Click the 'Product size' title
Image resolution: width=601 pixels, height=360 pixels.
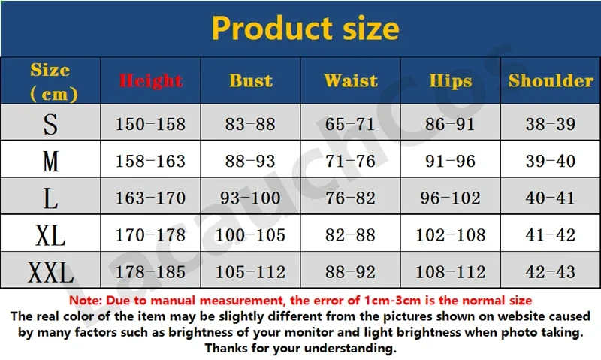[x=305, y=29]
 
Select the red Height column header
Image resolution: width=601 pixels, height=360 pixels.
[x=151, y=81]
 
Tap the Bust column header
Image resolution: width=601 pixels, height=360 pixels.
[x=251, y=81]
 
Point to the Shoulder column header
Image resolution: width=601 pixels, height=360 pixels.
[x=551, y=81]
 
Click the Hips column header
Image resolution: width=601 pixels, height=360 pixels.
[x=450, y=81]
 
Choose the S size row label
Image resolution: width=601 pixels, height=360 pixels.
[x=50, y=124]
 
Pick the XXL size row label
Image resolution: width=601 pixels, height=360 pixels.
[x=50, y=272]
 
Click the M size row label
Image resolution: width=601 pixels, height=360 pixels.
[x=50, y=162]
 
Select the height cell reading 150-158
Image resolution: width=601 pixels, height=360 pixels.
[x=151, y=124]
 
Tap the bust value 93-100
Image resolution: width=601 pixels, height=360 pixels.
[x=250, y=198]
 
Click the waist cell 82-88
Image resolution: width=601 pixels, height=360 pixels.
[x=350, y=235]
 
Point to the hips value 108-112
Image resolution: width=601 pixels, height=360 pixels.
[x=451, y=272]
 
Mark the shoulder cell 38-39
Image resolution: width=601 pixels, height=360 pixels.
[x=551, y=124]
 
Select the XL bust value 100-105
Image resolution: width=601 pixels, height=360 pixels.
[x=251, y=235]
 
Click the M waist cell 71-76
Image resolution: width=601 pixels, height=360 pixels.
[x=350, y=161]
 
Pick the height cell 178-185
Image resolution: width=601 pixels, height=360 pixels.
[x=151, y=272]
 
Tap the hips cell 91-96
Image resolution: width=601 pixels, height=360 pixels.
[x=450, y=161]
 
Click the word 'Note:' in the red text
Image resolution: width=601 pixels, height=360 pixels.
[x=86, y=300]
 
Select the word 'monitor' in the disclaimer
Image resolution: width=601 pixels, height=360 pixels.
[x=308, y=332]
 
